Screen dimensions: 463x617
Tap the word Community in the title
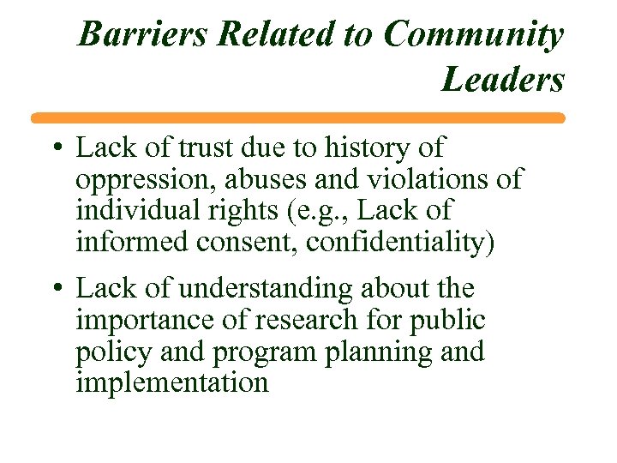[x=474, y=35]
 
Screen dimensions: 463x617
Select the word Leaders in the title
[x=503, y=80]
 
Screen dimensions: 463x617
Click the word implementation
[x=172, y=382]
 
